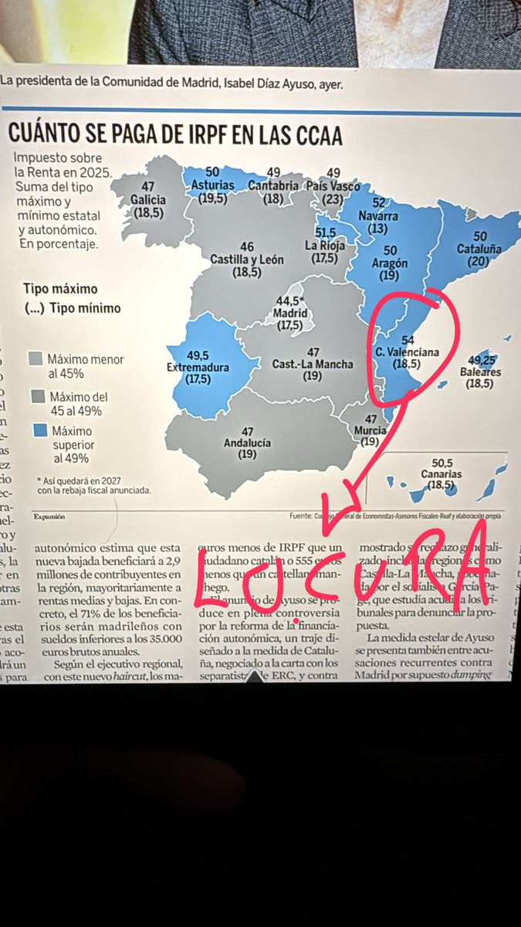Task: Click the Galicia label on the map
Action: pyautogui.click(x=148, y=199)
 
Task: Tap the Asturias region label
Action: pyautogui.click(x=208, y=186)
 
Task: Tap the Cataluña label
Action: pyautogui.click(x=480, y=250)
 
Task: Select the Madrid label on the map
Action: pyautogui.click(x=291, y=314)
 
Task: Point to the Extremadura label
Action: pyautogui.click(x=198, y=368)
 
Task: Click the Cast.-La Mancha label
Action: pyautogui.click(x=313, y=364)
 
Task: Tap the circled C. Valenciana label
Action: pyautogui.click(x=407, y=352)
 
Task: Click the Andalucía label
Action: pyautogui.click(x=248, y=443)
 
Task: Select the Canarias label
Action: pyautogui.click(x=442, y=474)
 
